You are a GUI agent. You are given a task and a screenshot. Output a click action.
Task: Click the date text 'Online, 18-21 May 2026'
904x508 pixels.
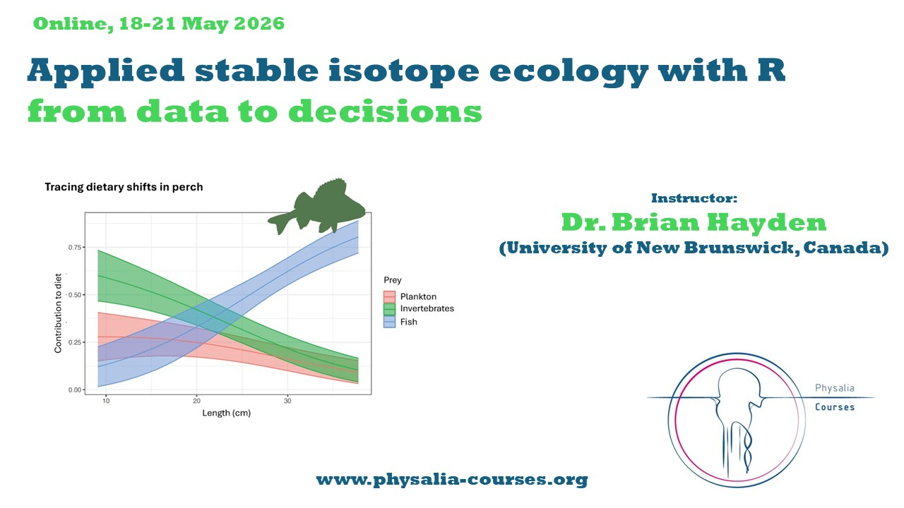point(159,24)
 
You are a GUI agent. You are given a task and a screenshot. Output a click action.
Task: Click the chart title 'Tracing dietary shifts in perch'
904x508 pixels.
point(124,187)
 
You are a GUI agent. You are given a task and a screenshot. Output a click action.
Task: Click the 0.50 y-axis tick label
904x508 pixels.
point(75,295)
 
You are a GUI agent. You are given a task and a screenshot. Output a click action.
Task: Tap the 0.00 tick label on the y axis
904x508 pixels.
point(75,390)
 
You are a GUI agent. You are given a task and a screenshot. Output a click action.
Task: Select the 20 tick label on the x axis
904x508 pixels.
point(196,401)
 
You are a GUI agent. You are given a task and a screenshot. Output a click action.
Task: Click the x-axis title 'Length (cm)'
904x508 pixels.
point(227,413)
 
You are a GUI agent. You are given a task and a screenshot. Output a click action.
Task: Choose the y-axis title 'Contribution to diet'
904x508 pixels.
point(58,313)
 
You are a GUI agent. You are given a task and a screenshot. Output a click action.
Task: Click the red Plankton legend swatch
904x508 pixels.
point(389,297)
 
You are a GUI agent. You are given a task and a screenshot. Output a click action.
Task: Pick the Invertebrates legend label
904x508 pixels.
point(427,308)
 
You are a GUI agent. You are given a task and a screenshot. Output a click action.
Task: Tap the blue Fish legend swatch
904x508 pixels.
point(389,322)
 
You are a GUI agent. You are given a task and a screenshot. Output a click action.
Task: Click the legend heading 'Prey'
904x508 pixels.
point(393,280)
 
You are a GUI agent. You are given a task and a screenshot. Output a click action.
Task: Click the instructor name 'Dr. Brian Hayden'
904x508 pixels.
point(694,222)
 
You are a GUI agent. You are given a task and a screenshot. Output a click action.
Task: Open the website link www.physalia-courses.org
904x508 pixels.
point(452,480)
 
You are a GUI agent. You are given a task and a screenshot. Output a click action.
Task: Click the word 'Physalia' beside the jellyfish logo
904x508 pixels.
point(835,388)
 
